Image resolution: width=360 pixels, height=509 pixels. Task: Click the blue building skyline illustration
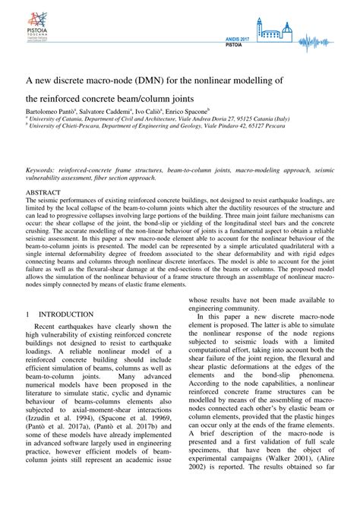[274, 30]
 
